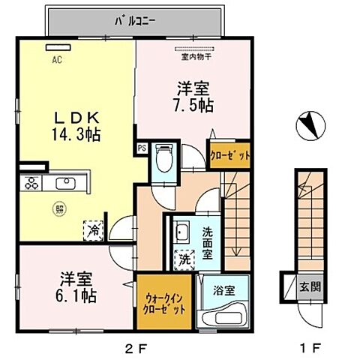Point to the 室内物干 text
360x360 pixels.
pos(193,55)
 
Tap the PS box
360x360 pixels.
pos(141,148)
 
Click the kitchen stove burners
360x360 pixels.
pos(32,183)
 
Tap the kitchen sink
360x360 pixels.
pos(62,183)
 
